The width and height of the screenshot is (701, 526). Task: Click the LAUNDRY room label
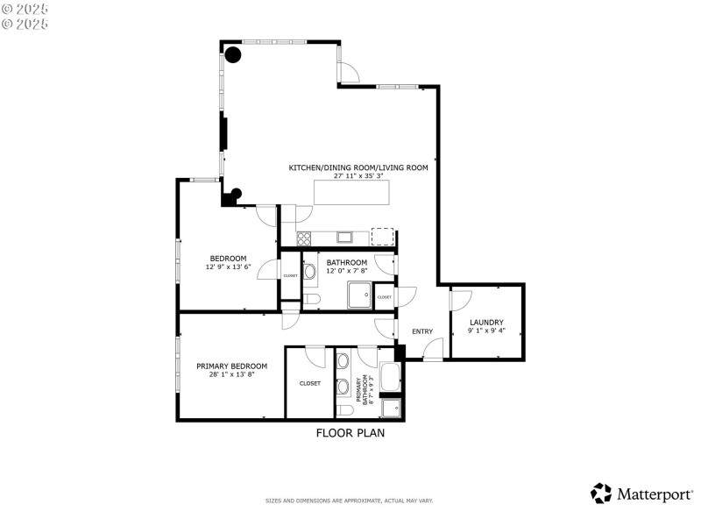coord(486,322)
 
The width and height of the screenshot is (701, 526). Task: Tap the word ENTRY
coord(422,331)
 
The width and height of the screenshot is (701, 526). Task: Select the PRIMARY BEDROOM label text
coord(231,366)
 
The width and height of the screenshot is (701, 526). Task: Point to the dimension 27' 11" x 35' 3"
coord(358,175)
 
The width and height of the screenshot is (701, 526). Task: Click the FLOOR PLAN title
coord(350,432)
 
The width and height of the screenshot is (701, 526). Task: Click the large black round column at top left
coord(233,55)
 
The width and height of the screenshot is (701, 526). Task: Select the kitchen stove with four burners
coord(304,238)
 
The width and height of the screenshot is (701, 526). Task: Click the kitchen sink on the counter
coord(344,237)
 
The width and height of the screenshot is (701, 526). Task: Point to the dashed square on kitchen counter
coord(382,236)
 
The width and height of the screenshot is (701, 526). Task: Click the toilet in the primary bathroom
coord(344,410)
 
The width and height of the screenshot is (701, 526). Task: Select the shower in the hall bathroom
coord(359,295)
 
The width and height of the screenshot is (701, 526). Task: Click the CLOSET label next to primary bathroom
coord(309,383)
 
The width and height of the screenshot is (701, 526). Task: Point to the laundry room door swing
coord(459,299)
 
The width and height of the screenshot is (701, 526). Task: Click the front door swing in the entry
coord(432,352)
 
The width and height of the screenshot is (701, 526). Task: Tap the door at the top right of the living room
coord(348,72)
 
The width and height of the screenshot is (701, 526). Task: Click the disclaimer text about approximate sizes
coord(350,501)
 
